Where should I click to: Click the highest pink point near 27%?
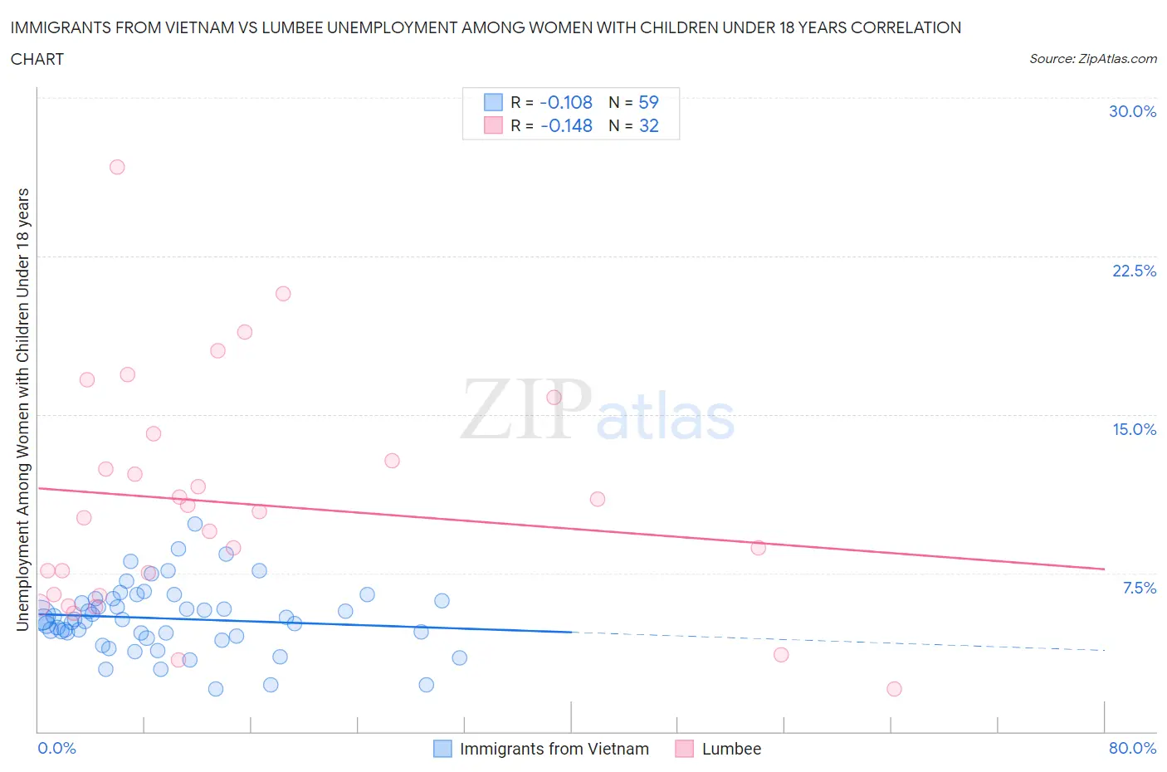click(117, 167)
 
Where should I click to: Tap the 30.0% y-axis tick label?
click(1132, 111)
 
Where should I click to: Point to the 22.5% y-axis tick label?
click(1134, 271)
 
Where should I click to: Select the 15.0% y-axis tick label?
click(1134, 429)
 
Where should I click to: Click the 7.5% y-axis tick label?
click(1139, 588)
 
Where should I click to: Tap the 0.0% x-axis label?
click(56, 748)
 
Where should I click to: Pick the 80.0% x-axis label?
click(1132, 748)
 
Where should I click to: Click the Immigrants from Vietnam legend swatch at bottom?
click(442, 749)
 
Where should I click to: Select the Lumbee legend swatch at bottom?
click(684, 749)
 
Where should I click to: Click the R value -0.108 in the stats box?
click(565, 102)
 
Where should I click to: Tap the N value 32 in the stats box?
click(648, 125)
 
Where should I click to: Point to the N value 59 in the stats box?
click(648, 102)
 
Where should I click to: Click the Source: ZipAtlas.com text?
click(1092, 59)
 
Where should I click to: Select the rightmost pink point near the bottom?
click(894, 689)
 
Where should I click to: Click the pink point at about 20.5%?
click(283, 293)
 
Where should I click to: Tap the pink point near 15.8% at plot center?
click(554, 397)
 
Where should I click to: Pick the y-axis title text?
click(22, 409)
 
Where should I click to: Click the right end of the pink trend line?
click(1104, 569)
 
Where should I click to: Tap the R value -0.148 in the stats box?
click(565, 125)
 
